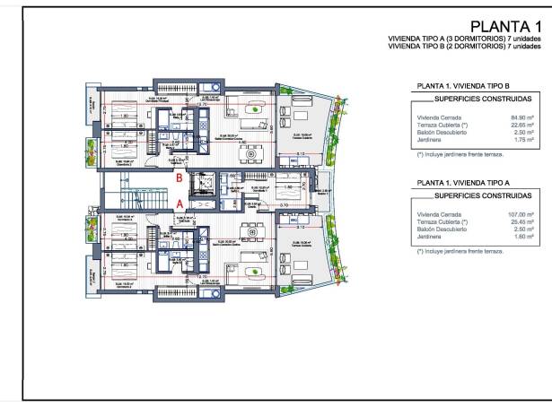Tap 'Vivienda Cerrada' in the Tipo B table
(437, 116)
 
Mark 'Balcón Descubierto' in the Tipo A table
(440, 229)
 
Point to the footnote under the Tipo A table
(460, 251)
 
